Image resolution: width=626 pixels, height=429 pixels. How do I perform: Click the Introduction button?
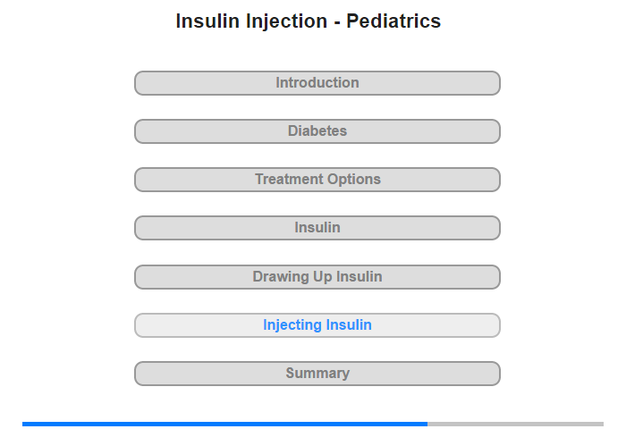317,83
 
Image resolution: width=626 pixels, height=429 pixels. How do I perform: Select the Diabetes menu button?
317,131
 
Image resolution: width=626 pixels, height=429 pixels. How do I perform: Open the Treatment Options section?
317,180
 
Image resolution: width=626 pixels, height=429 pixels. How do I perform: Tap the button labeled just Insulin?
317,228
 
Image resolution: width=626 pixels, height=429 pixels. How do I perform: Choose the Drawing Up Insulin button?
317,277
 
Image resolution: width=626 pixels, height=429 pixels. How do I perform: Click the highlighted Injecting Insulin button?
317,325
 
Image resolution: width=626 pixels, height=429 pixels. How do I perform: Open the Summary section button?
317,374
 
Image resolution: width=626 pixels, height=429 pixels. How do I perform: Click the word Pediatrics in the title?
393,21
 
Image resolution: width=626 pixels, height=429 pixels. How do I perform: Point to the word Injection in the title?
287,22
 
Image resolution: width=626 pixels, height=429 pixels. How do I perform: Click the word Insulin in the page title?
207,21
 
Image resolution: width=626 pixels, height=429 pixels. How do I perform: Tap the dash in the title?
337,23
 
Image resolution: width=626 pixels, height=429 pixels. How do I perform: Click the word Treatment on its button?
284,179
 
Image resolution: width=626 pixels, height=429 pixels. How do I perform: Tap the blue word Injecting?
292,325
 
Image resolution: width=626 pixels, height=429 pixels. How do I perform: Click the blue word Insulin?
349,324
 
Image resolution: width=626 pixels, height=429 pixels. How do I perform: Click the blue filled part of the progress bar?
224,425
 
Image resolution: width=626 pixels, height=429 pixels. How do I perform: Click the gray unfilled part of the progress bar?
515,425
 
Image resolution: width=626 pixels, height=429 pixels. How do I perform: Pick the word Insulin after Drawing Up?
360,276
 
